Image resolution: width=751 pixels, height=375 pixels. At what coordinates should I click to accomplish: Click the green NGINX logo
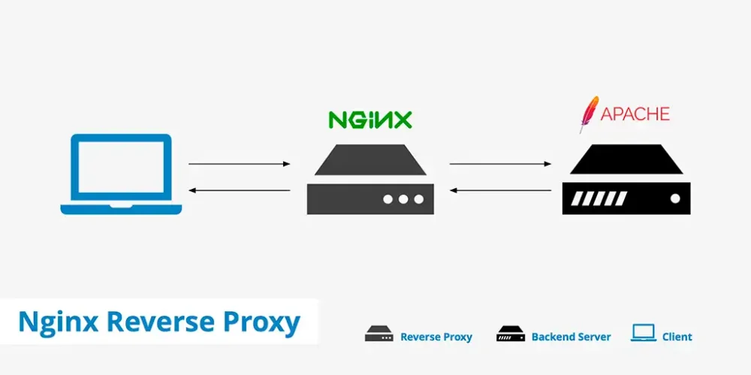click(x=370, y=119)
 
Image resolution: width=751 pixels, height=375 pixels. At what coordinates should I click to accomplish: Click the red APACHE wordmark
click(x=635, y=114)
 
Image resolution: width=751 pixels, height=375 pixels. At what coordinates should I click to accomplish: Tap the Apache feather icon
click(x=589, y=114)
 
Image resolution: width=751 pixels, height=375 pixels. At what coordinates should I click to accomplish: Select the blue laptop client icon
click(x=121, y=174)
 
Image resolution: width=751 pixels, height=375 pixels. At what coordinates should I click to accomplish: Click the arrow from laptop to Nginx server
click(x=240, y=164)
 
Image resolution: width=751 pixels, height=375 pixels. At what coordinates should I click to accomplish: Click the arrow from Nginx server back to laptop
click(x=240, y=190)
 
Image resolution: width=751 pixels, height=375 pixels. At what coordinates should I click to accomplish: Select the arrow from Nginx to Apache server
click(x=500, y=164)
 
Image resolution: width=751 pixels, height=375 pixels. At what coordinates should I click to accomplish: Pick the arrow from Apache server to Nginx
click(x=500, y=190)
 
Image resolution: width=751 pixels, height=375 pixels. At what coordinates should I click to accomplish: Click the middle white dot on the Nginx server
click(x=403, y=199)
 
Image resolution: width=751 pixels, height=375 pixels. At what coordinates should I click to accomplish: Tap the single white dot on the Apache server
click(x=675, y=199)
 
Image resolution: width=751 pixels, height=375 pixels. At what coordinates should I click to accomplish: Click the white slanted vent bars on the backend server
click(x=599, y=199)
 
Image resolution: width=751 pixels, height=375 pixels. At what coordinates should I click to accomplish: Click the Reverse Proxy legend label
click(x=436, y=337)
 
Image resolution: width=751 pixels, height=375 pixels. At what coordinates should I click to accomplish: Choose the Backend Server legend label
click(x=571, y=337)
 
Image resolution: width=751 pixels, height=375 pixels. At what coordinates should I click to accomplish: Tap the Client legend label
click(x=677, y=337)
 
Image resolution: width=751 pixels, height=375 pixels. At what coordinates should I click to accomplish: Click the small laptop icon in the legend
click(x=644, y=333)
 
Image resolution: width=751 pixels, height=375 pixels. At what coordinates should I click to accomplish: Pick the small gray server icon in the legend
click(x=379, y=334)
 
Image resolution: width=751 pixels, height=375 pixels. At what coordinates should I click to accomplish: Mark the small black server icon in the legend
click(x=511, y=334)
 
